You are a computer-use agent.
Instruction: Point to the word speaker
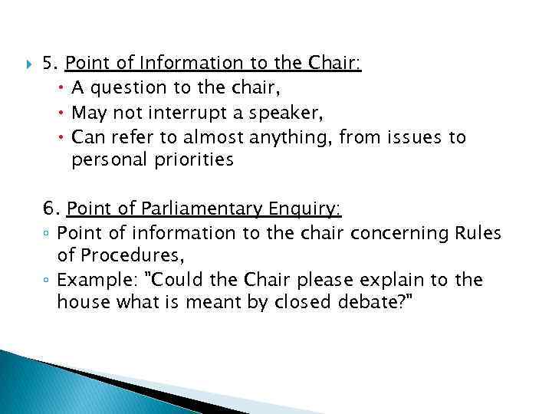pyautogui.click(x=283, y=113)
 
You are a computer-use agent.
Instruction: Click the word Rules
pyautogui.click(x=476, y=232)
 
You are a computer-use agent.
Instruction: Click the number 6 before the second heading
pyautogui.click(x=50, y=209)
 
